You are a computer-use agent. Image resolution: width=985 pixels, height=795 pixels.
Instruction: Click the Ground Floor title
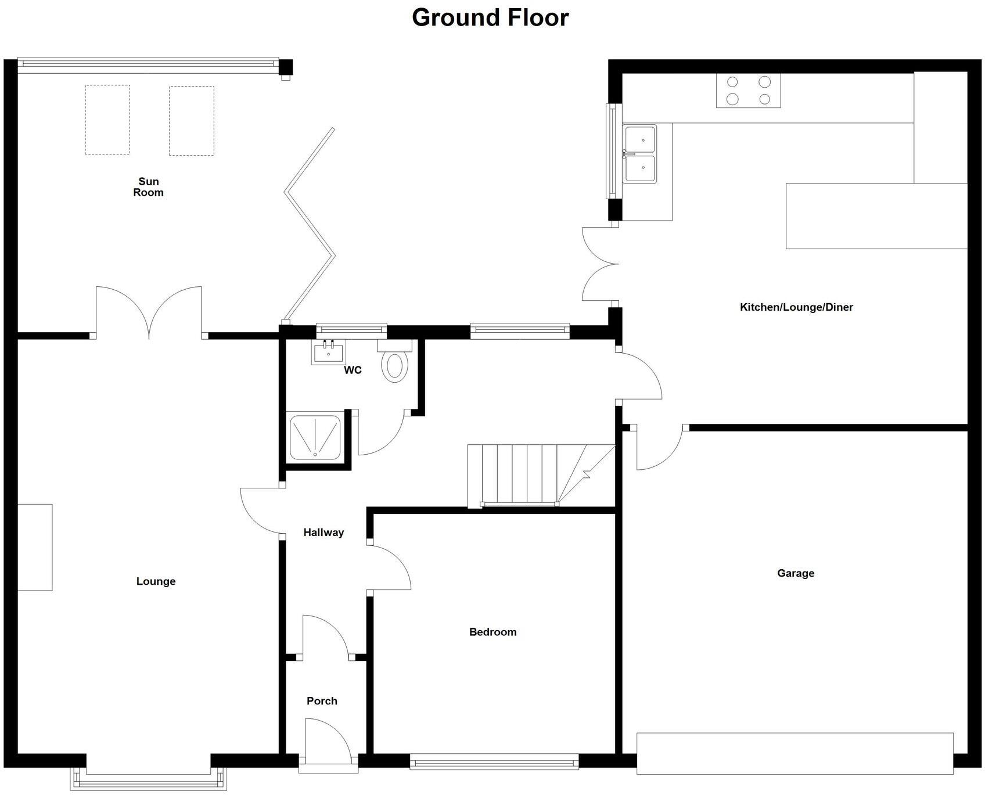tap(490, 17)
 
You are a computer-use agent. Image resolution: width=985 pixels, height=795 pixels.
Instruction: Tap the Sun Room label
tap(148, 187)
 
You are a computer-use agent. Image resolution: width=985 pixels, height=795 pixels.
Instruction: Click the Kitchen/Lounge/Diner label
tap(796, 307)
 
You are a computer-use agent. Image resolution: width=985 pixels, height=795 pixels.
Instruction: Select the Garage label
tap(796, 573)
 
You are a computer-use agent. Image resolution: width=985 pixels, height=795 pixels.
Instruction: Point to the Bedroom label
tap(492, 632)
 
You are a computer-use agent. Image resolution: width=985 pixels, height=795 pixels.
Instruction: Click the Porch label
tap(322, 701)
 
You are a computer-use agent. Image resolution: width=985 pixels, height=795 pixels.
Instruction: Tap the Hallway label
tap(323, 533)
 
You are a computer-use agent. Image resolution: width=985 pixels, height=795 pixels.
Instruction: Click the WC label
tap(353, 370)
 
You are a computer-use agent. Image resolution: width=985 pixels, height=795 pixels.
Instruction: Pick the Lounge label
tap(156, 581)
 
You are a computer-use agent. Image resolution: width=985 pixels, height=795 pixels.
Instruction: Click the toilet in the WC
tap(395, 363)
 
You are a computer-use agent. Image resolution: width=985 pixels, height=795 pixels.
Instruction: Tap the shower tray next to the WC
tap(315, 436)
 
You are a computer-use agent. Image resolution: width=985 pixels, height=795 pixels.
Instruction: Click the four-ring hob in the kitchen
tap(748, 91)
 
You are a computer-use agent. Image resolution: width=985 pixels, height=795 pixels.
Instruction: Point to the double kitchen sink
tap(640, 154)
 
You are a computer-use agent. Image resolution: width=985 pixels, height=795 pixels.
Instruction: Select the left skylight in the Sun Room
tap(107, 120)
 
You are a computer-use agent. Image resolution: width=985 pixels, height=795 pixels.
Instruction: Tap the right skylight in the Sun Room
tap(192, 121)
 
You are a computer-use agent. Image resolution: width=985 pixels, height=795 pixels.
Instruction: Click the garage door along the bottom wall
tap(795, 753)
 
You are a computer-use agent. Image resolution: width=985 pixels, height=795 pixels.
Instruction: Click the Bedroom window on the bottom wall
tap(494, 761)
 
